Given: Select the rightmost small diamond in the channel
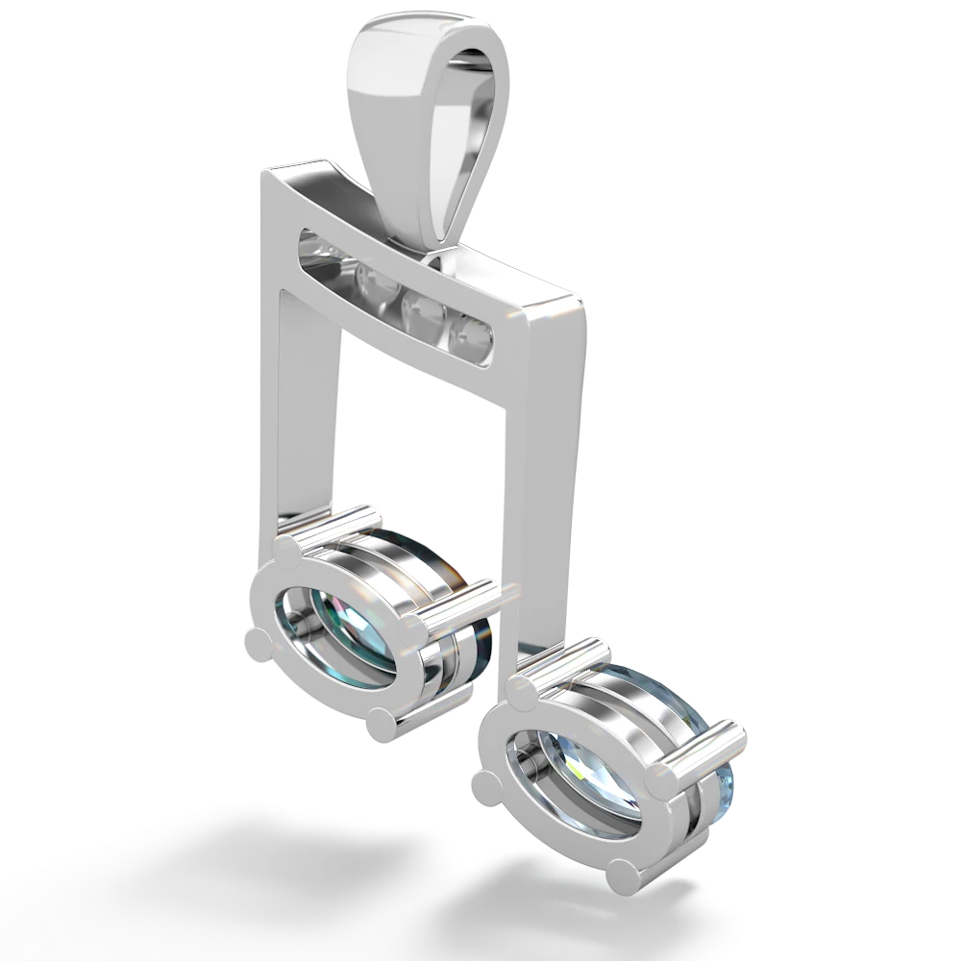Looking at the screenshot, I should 473,334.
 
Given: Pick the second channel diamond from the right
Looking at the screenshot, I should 420,309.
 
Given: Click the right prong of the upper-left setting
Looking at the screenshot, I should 416,628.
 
